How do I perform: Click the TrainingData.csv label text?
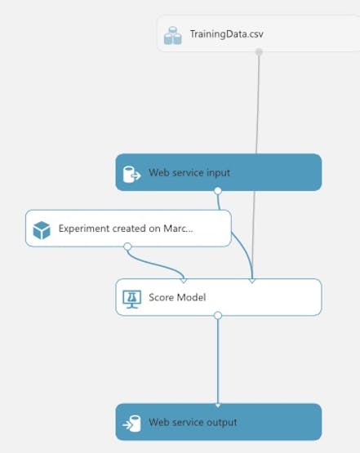coord(226,34)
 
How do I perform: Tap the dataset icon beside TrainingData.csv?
coord(173,36)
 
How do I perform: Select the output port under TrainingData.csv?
coord(259,51)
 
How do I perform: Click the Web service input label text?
coord(189,173)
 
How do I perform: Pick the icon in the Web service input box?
coord(131,174)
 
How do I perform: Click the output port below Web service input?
coord(218,191)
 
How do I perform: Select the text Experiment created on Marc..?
coord(126,229)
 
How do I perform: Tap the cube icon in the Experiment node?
coord(42,230)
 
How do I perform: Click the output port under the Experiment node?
coord(127,246)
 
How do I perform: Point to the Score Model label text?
coord(177,297)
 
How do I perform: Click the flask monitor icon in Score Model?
coord(132,300)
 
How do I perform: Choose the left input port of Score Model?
coord(183,280)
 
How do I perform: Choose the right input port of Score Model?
coord(252,280)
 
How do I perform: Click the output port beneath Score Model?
coord(218,316)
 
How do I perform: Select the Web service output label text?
coord(193,422)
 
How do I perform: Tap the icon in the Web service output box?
coord(131,424)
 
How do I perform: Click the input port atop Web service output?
coord(218,406)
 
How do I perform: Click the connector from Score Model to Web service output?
coord(218,361)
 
